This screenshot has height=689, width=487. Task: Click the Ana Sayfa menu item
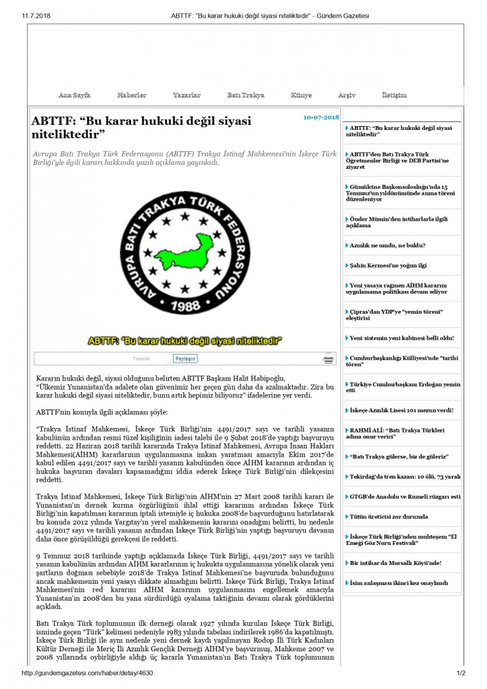click(x=74, y=95)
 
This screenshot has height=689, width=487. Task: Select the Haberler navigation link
click(x=131, y=95)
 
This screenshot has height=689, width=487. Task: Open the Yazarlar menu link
click(x=186, y=95)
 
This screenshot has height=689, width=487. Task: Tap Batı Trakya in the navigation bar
click(x=245, y=95)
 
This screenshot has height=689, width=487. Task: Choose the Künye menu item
click(x=301, y=95)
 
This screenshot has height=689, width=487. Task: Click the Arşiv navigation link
click(x=347, y=95)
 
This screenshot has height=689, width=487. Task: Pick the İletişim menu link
click(x=394, y=95)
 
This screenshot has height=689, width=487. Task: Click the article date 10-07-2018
click(x=321, y=118)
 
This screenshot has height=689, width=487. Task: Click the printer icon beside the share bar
click(x=329, y=358)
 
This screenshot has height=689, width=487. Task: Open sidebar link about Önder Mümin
click(x=398, y=222)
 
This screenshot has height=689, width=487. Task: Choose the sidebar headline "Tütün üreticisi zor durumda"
click(x=388, y=516)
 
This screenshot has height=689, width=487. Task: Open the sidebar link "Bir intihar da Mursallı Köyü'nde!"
click(x=395, y=562)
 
